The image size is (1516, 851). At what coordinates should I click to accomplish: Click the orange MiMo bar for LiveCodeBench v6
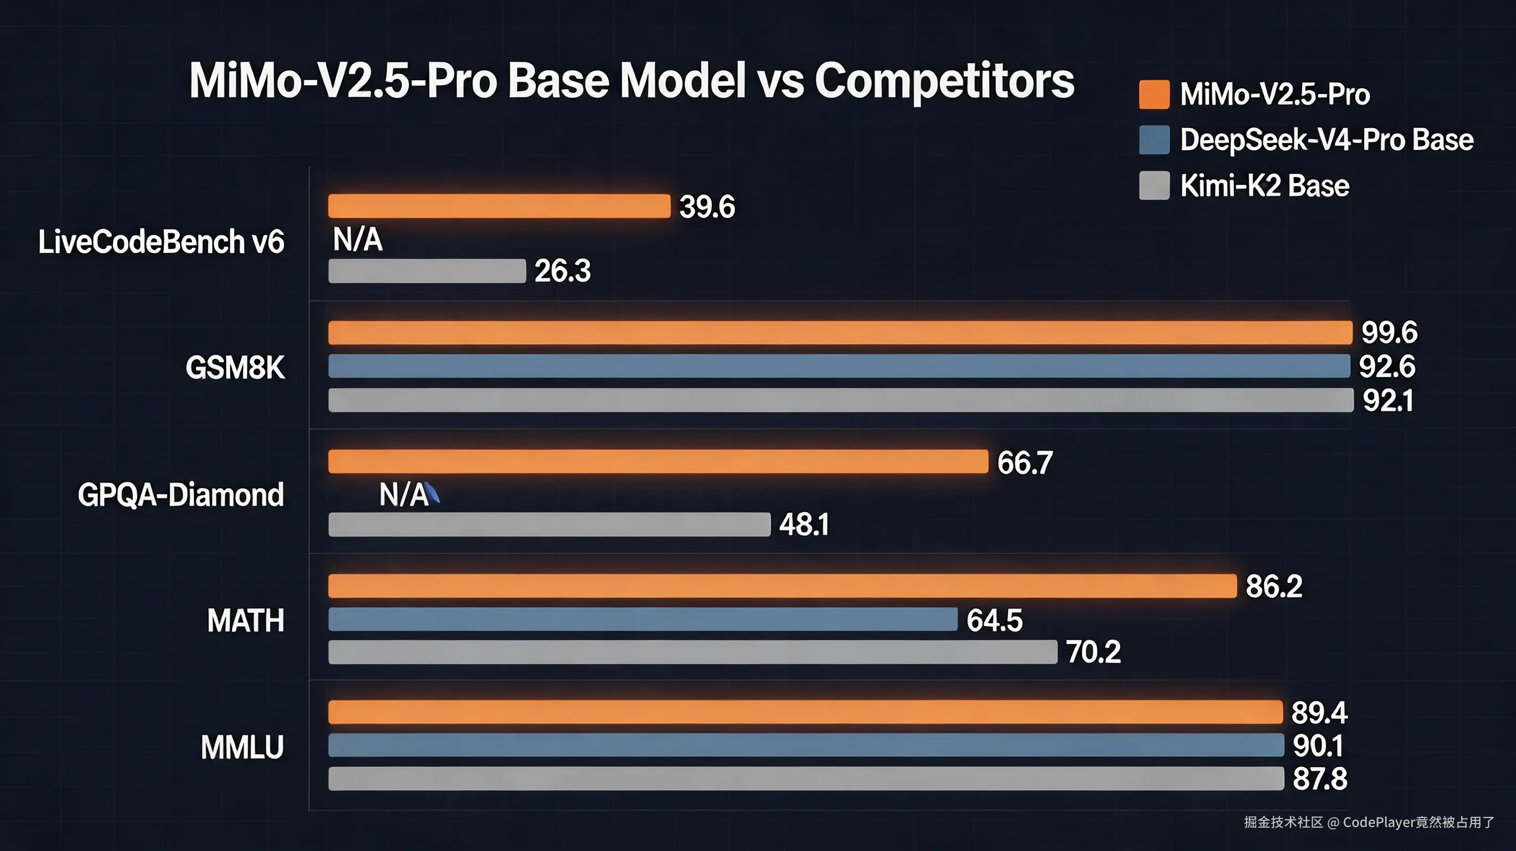coord(499,206)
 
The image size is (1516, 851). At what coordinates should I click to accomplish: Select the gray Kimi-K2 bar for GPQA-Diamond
coord(549,524)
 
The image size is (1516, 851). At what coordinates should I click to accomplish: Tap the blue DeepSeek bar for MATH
coord(642,619)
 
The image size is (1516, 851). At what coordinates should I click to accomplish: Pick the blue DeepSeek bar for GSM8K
coord(838,366)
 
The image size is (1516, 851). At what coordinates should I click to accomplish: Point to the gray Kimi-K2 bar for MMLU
coord(806,779)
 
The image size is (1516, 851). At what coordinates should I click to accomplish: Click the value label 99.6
coord(1389,333)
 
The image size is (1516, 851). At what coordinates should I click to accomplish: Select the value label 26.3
coord(562,271)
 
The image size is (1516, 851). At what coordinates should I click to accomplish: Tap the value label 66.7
coord(1025,463)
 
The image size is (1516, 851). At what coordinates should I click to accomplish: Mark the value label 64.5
coord(994,621)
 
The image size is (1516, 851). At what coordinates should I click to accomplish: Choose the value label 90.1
coord(1317,746)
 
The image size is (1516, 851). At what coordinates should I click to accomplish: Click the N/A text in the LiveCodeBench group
coord(358,240)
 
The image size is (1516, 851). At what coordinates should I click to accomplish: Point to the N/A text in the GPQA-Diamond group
coord(403,495)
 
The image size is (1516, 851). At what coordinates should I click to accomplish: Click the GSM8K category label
coord(235,368)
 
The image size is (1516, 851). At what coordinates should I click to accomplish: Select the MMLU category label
coord(242,747)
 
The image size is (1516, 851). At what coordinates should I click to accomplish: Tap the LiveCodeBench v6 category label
coord(161,241)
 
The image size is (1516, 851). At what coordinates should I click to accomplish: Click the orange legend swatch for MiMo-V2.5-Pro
coord(1154,95)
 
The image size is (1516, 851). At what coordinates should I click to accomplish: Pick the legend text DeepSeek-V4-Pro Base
coord(1327,140)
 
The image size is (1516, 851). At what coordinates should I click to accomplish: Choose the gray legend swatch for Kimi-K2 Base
coord(1154,186)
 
